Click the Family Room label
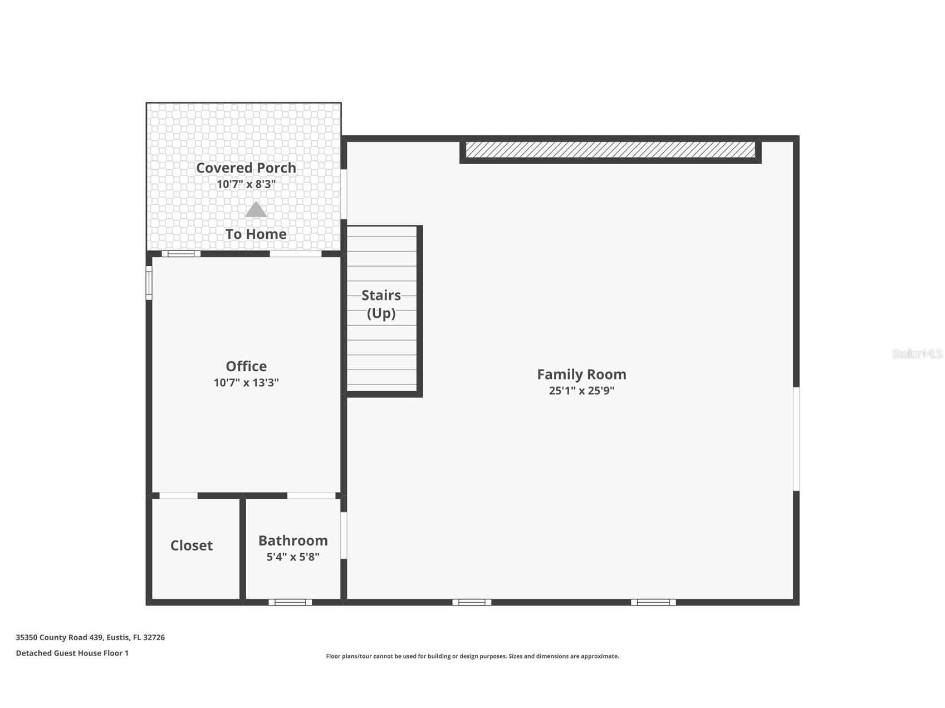click(x=581, y=374)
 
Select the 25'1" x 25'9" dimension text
click(x=581, y=391)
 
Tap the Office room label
click(x=246, y=366)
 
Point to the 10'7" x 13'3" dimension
click(x=246, y=383)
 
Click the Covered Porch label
click(x=246, y=168)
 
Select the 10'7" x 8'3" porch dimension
click(x=246, y=184)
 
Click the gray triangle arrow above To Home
click(x=256, y=210)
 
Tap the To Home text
click(x=256, y=234)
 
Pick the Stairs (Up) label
click(x=381, y=304)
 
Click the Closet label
click(x=191, y=545)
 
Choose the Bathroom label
click(x=292, y=540)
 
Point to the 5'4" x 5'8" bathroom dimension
click(x=292, y=557)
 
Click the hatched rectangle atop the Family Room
click(x=610, y=150)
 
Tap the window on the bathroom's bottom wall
click(x=290, y=602)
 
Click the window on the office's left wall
click(x=149, y=283)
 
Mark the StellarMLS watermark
click(x=917, y=353)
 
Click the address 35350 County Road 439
click(x=90, y=637)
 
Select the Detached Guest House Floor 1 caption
click(x=72, y=653)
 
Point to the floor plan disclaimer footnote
click(x=472, y=656)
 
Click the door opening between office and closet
click(x=178, y=495)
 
